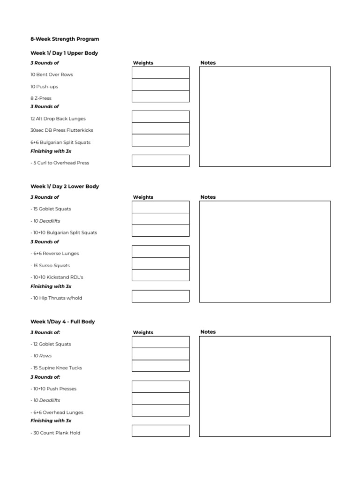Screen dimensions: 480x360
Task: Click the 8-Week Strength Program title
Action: tap(64, 39)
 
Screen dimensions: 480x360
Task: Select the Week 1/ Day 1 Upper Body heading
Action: tap(64, 53)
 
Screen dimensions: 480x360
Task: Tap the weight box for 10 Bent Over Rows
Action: tap(160, 73)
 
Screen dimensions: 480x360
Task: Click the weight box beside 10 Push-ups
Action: tap(160, 84)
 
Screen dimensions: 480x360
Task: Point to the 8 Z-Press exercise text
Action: tap(41, 98)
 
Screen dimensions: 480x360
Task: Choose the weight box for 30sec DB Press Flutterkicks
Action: tap(160, 128)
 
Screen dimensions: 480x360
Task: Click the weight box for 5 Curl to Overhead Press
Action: tap(160, 161)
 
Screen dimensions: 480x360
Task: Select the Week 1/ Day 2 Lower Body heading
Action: tap(65, 186)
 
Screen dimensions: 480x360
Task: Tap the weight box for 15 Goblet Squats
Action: tap(160, 207)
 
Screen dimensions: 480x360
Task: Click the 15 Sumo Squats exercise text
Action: tap(51, 265)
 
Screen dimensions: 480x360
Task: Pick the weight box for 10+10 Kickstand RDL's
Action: tap(160, 275)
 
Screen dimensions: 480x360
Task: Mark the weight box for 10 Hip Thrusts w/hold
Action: tap(160, 296)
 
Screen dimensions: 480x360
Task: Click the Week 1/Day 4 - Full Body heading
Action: tap(63, 322)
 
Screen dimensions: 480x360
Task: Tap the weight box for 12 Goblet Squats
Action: tap(160, 342)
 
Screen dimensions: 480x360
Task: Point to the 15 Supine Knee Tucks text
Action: tap(56, 368)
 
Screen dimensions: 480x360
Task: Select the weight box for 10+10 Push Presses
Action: tap(160, 387)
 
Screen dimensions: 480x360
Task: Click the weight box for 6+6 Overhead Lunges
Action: tap(160, 411)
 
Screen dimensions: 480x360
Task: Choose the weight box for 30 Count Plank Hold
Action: tap(160, 431)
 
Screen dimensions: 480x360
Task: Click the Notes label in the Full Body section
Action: tap(208, 332)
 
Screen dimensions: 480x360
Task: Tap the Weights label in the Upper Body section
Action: tap(143, 63)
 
